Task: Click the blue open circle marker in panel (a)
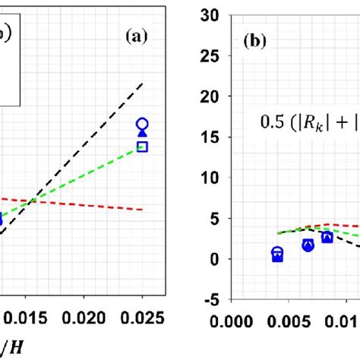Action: coord(142,124)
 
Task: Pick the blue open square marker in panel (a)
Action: coord(142,147)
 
